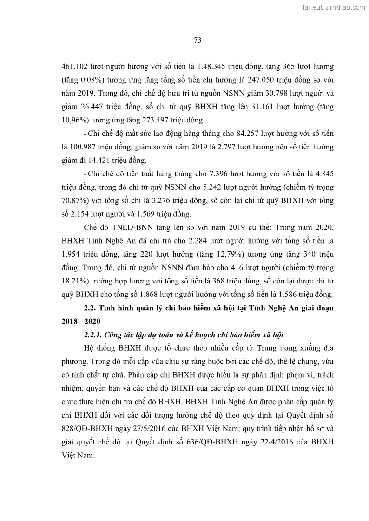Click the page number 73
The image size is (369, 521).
tap(197, 40)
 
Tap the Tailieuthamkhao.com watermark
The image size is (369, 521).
tap(334, 7)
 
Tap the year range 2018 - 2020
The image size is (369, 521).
tap(80, 321)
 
